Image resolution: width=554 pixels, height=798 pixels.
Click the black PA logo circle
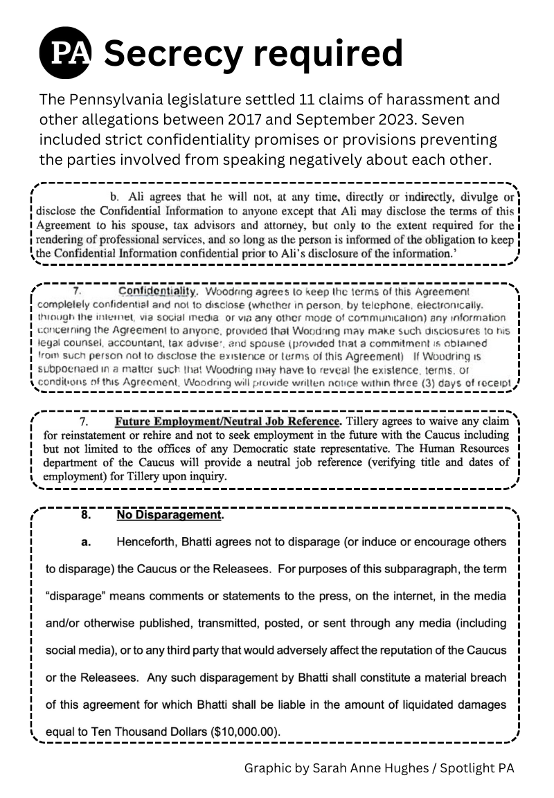coord(66,53)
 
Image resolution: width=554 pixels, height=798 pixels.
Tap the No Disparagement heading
coord(170,516)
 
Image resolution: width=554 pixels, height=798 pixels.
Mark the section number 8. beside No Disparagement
coord(85,516)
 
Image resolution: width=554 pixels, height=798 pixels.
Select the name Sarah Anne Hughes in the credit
coord(369,768)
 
